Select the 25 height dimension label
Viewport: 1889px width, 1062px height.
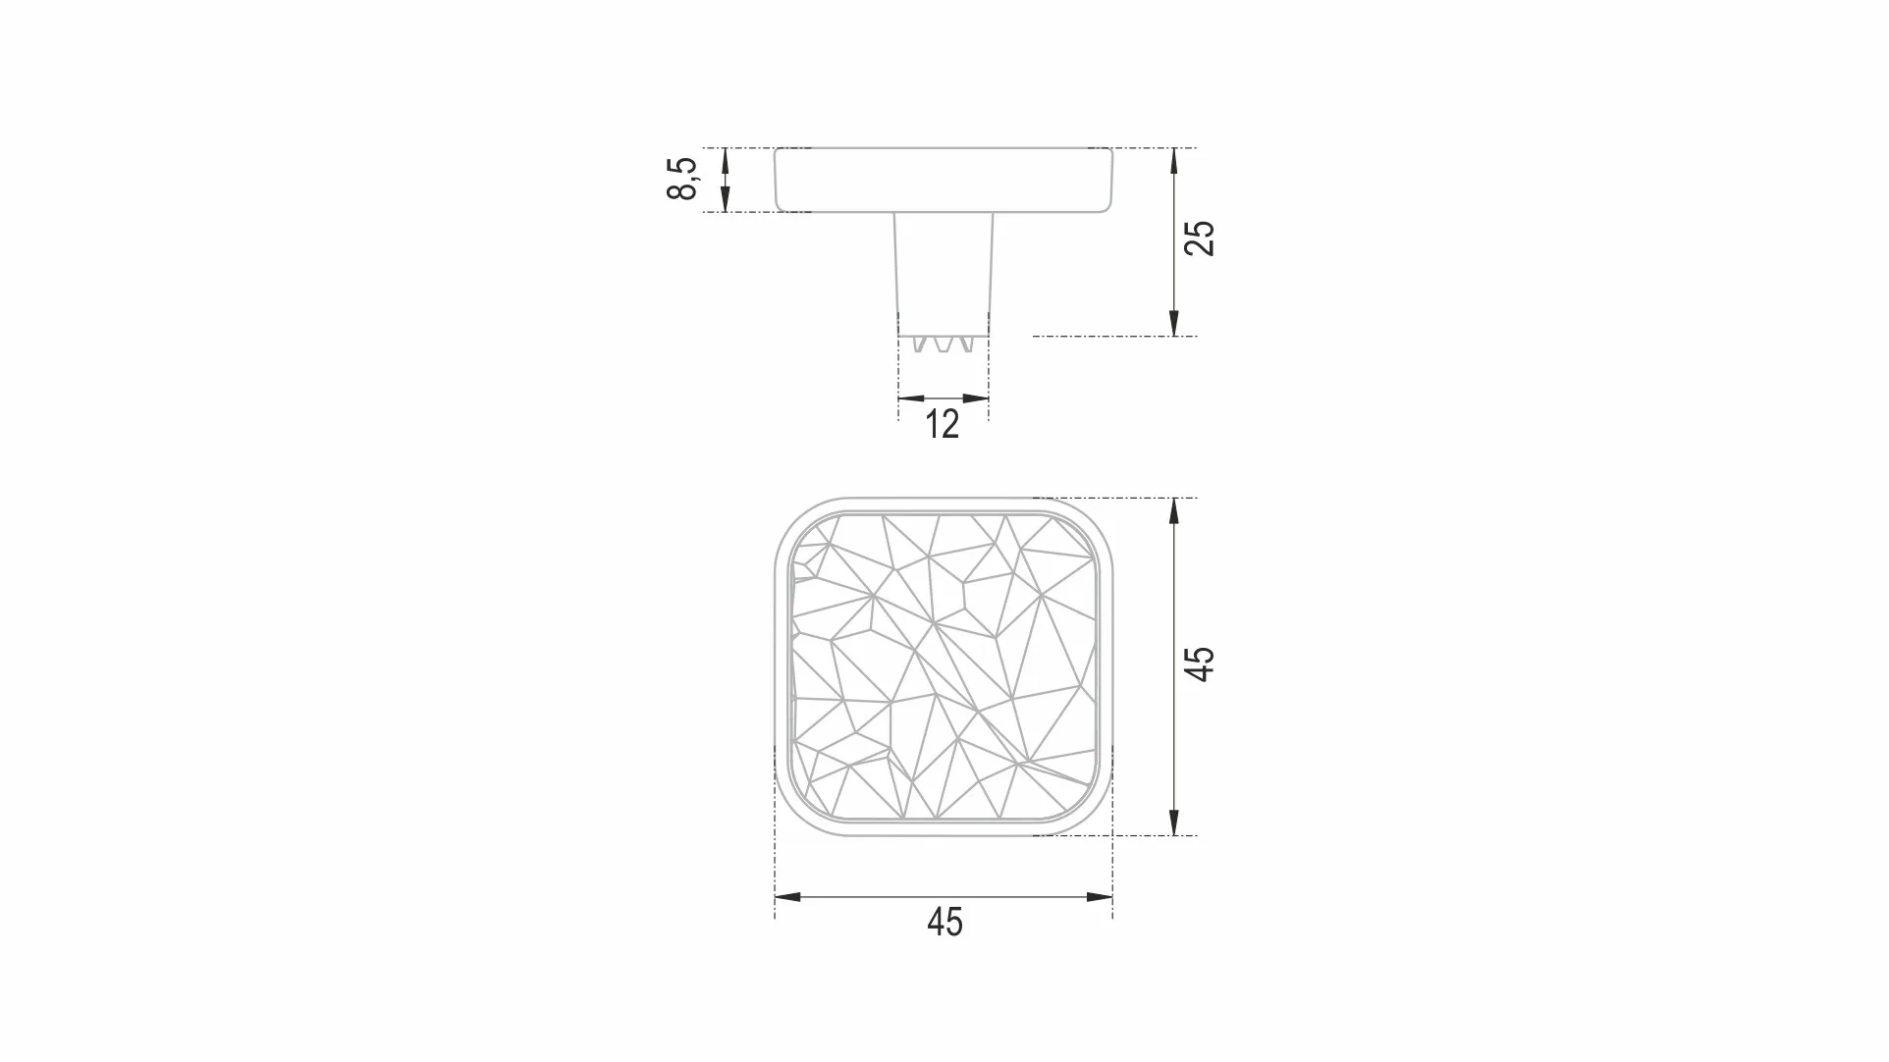[x=1200, y=239]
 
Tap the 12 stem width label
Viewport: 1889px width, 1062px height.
[x=942, y=425]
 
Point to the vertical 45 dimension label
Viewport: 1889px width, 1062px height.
[x=1200, y=664]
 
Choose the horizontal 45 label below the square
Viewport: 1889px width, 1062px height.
[x=944, y=923]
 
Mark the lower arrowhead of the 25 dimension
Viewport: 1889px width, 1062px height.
[x=1174, y=325]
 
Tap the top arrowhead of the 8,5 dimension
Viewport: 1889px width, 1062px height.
[x=726, y=158]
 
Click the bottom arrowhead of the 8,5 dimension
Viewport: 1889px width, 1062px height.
[x=726, y=201]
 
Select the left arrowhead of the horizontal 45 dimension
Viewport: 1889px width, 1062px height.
[x=786, y=897]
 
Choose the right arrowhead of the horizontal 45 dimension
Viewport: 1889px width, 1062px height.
[x=1101, y=897]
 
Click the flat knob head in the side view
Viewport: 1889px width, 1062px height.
[x=944, y=180]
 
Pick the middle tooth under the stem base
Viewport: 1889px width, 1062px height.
[x=944, y=345]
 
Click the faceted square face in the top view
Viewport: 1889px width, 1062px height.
[x=944, y=666]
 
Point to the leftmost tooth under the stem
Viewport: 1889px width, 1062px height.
[x=920, y=345]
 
